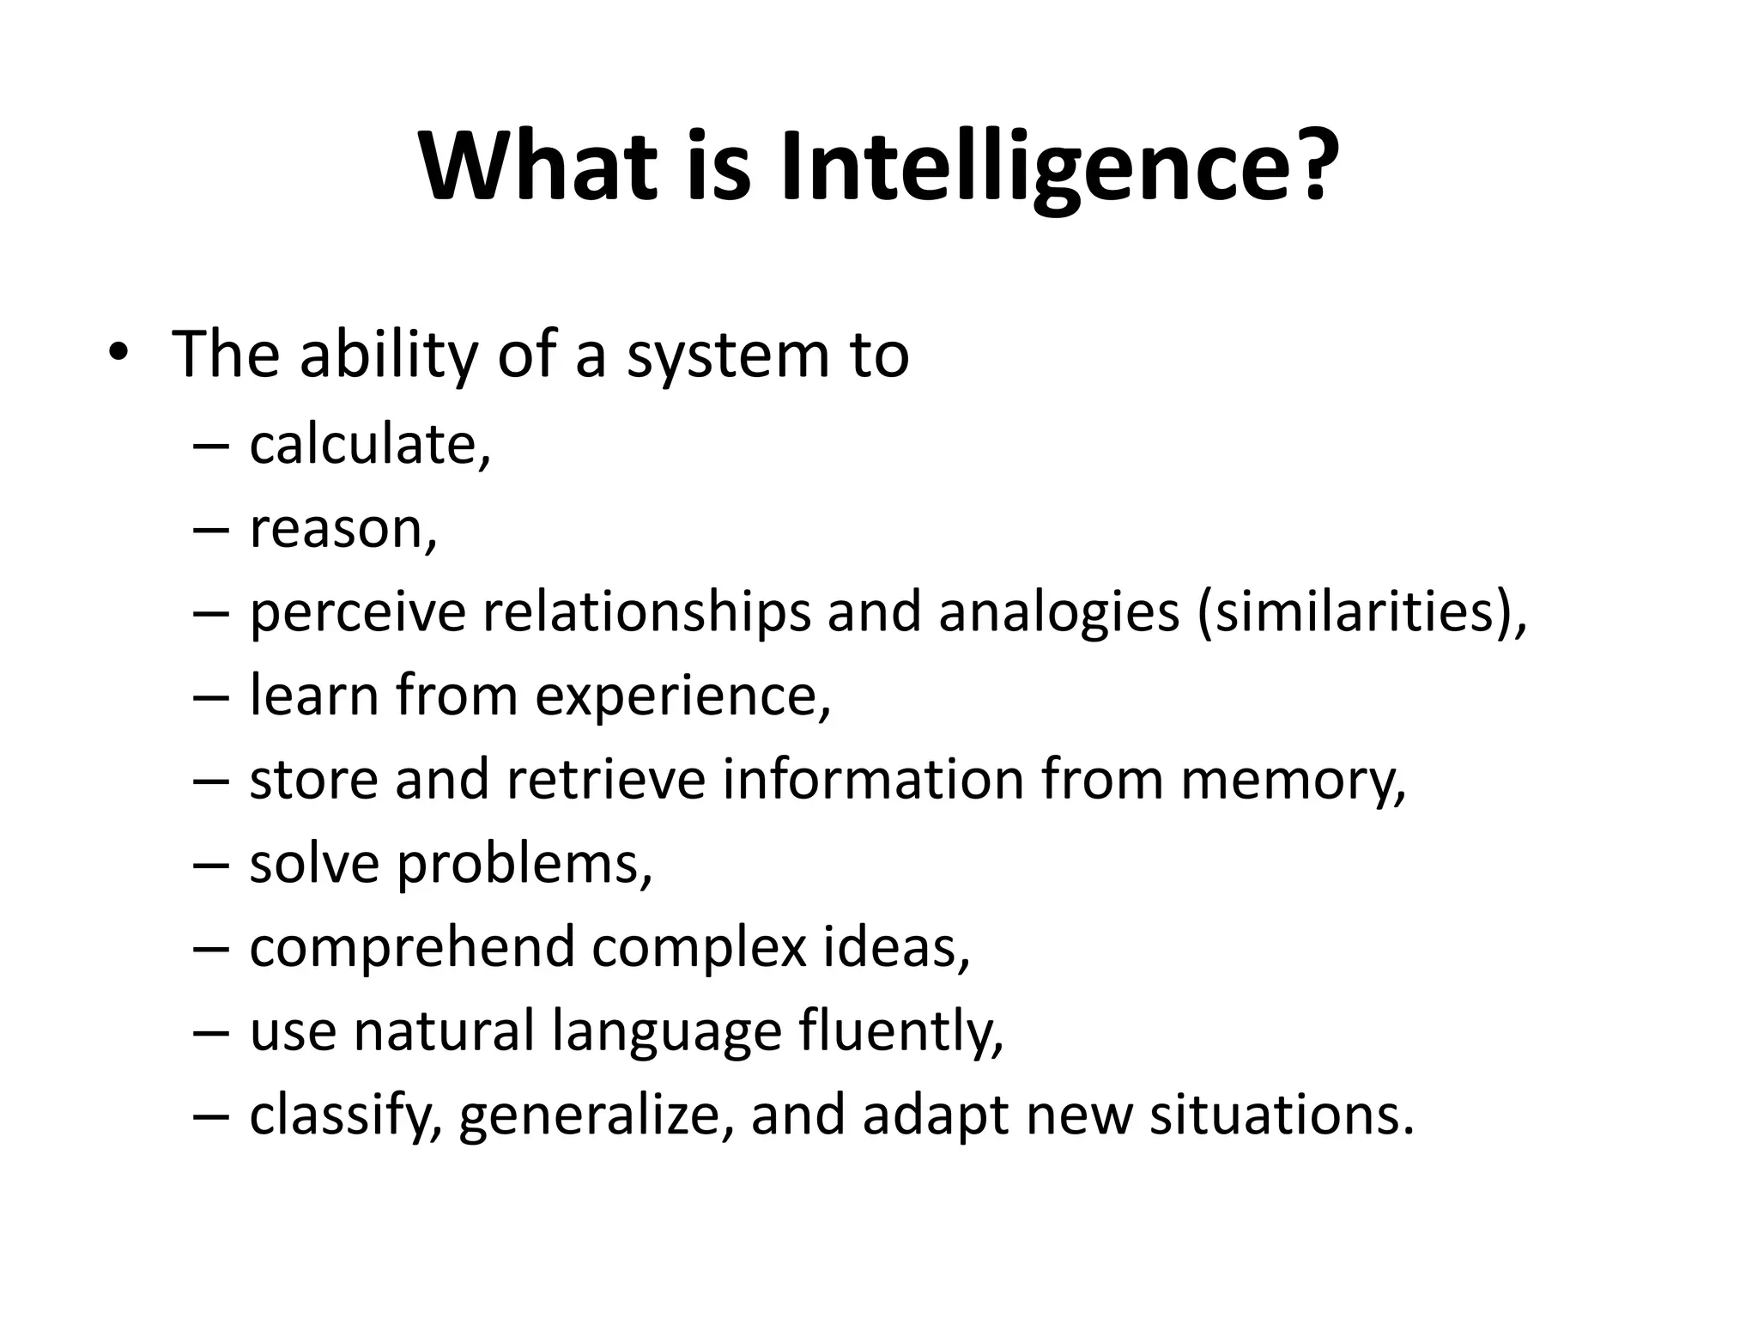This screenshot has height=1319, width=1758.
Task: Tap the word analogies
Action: click(1058, 614)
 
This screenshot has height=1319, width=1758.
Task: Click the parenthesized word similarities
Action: click(1356, 614)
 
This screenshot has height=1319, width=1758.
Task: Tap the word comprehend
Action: click(412, 948)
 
